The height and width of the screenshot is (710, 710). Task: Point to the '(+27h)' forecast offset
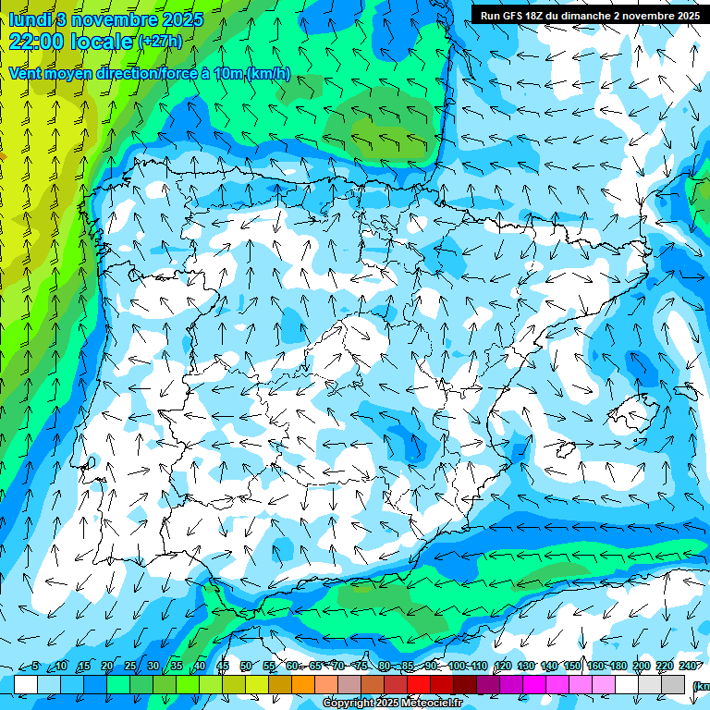160,42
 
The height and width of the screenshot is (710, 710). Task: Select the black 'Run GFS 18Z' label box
589,15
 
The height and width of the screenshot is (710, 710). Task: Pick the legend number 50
245,666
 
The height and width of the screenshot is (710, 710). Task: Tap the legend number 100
457,666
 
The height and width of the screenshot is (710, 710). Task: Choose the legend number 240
688,666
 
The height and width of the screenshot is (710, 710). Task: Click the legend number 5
35,666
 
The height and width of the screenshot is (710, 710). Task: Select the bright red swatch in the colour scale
419,684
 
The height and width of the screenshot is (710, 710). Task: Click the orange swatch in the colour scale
303,684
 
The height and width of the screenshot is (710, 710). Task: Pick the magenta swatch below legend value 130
534,684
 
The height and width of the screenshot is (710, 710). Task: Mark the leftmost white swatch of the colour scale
26,684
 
